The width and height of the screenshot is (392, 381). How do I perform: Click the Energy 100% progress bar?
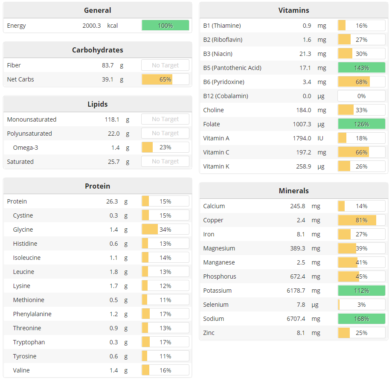point(165,26)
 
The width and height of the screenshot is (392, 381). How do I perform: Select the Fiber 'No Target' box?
point(165,65)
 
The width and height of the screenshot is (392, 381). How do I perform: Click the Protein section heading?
point(97,186)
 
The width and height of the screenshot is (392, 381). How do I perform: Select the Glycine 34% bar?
point(165,230)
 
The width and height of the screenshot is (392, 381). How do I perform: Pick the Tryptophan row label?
point(29,342)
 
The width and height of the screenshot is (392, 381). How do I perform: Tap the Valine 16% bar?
point(165,370)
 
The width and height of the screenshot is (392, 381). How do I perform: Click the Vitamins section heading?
point(293,10)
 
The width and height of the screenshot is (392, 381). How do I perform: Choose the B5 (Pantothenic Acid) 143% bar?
point(361,68)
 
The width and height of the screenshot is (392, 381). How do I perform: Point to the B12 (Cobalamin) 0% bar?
point(361,96)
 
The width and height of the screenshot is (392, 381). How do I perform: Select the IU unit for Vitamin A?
point(320,138)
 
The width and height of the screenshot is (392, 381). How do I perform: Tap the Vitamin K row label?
point(216,166)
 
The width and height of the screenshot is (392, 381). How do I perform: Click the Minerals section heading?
point(293,191)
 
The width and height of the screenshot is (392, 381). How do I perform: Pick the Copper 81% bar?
point(361,220)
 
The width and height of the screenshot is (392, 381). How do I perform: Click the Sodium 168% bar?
point(361,319)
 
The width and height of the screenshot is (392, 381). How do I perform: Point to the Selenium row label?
point(216,305)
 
